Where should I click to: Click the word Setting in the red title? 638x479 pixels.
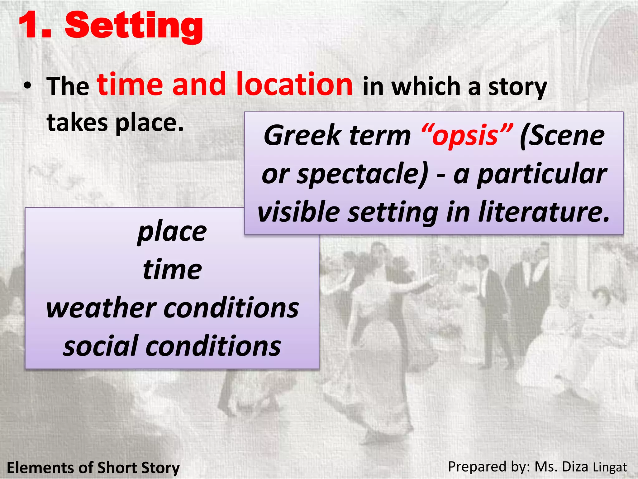click(x=134, y=26)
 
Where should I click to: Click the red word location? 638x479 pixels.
click(x=294, y=84)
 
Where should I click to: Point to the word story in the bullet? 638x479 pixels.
click(x=517, y=87)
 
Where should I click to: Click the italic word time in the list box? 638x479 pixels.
click(x=172, y=270)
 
